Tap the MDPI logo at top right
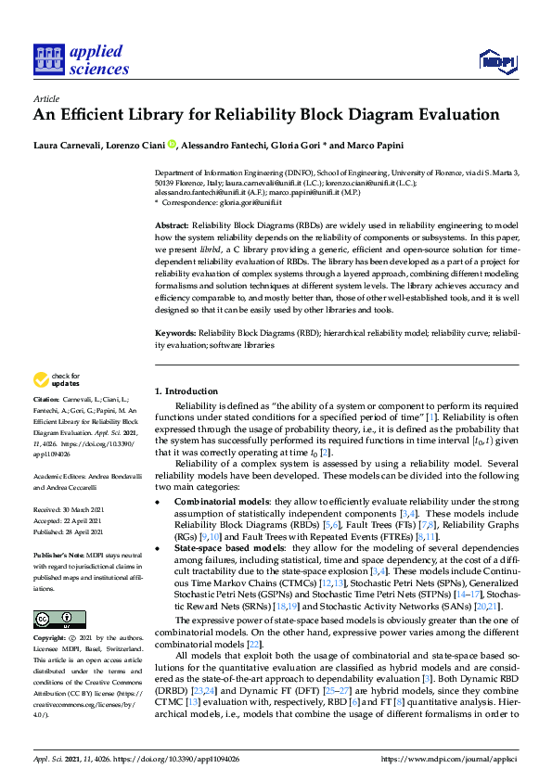[x=495, y=62]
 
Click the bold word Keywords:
[x=175, y=331]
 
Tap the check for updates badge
[x=57, y=379]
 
